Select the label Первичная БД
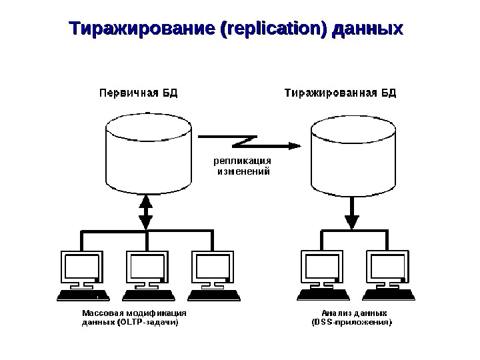139,93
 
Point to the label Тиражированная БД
341,93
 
